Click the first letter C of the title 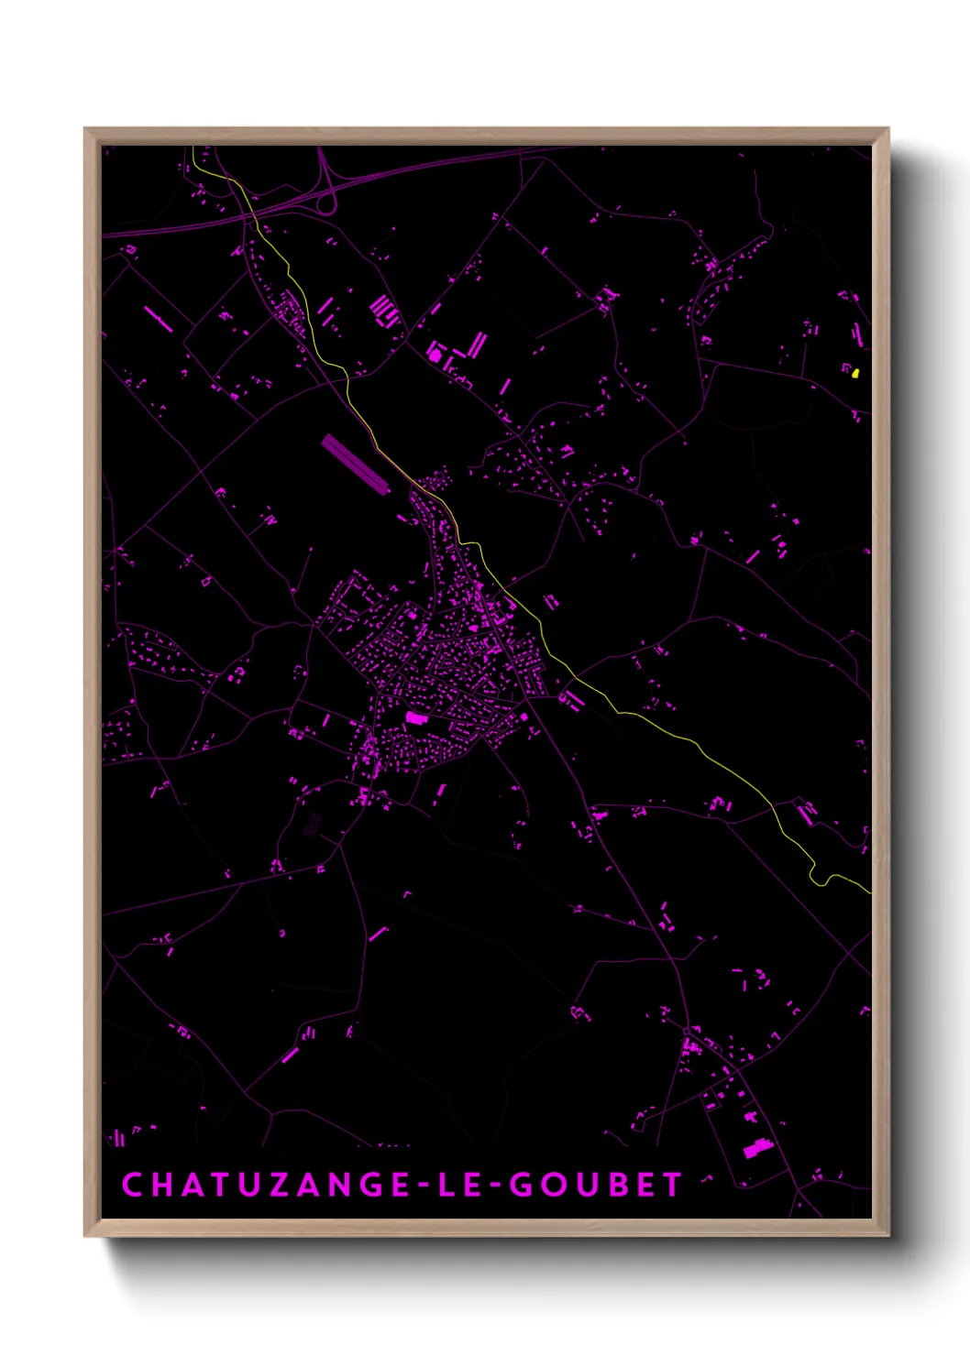(132, 1185)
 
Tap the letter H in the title (161, 1185)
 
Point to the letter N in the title (339, 1185)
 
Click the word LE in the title (456, 1185)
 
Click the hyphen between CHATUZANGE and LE (403, 1186)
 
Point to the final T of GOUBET (673, 1185)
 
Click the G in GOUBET (522, 1185)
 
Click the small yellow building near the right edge (855, 373)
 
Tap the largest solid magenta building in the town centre (417, 718)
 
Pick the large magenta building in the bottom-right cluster (755, 1148)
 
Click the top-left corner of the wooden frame (86, 129)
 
